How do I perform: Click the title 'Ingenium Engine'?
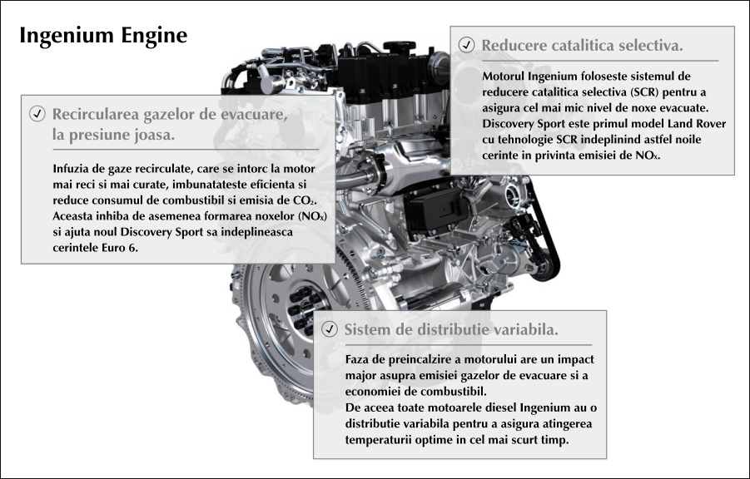click(103, 37)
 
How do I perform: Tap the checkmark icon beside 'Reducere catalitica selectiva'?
click(467, 44)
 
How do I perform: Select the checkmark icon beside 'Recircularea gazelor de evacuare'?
click(37, 114)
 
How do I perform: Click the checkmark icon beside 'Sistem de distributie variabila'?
click(330, 329)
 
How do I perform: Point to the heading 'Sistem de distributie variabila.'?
click(451, 329)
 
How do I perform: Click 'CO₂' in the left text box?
click(305, 200)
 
